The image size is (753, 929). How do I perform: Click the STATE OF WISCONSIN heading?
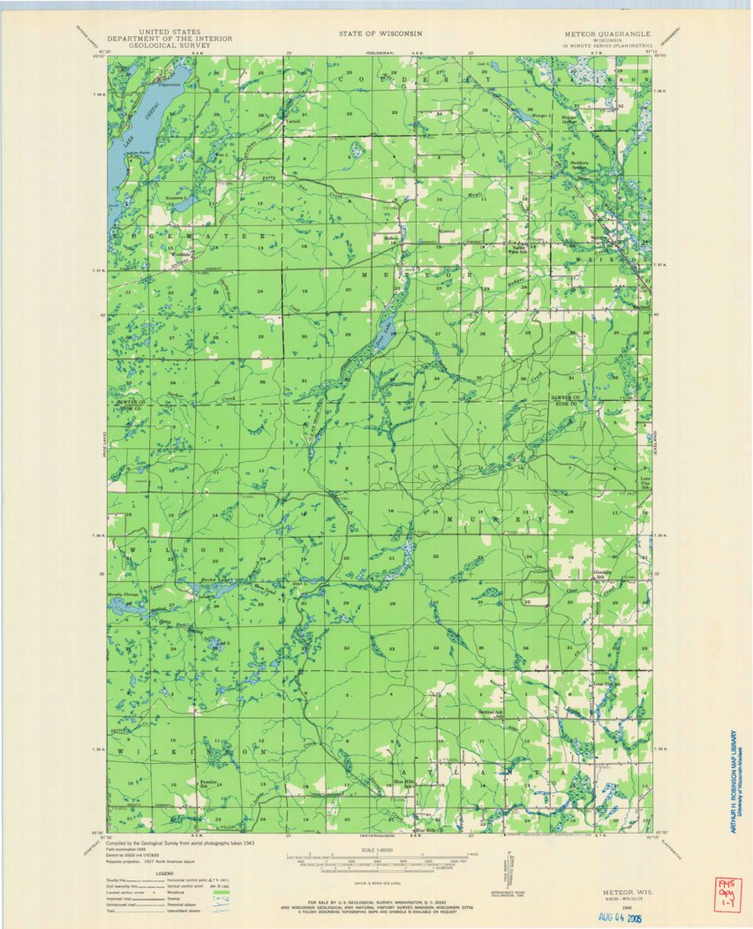point(380,33)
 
